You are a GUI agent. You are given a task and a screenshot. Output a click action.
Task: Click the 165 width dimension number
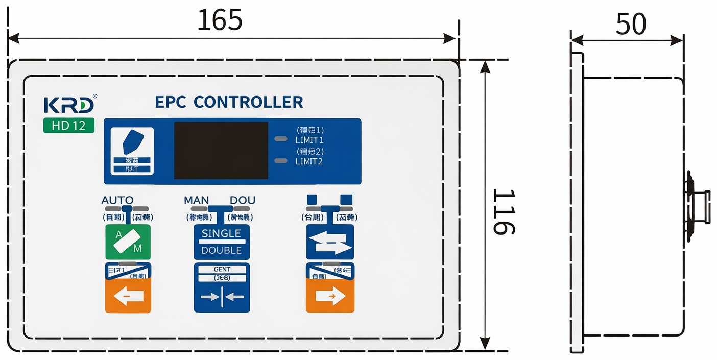click(220, 20)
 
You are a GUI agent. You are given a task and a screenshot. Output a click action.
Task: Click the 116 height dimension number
click(504, 211)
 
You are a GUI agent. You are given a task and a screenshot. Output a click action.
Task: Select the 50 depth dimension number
click(631, 24)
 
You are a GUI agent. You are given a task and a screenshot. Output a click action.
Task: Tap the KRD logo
click(69, 104)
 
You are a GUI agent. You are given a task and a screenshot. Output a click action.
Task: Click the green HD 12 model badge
click(69, 126)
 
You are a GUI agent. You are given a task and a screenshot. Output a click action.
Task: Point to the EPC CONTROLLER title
click(229, 102)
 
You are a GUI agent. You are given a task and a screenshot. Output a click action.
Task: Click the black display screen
click(221, 150)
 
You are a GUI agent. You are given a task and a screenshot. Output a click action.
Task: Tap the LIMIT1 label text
click(309, 140)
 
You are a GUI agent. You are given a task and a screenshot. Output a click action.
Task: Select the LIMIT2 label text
click(309, 161)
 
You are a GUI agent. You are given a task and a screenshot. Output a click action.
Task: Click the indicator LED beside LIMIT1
click(281, 139)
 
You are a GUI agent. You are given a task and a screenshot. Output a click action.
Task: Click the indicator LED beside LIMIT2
click(281, 161)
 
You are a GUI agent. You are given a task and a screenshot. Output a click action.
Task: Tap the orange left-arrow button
click(128, 296)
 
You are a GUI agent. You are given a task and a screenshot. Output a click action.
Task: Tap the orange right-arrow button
click(329, 296)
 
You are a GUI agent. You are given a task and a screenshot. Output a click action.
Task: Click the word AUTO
click(117, 200)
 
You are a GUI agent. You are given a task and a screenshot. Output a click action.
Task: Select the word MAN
click(196, 200)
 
